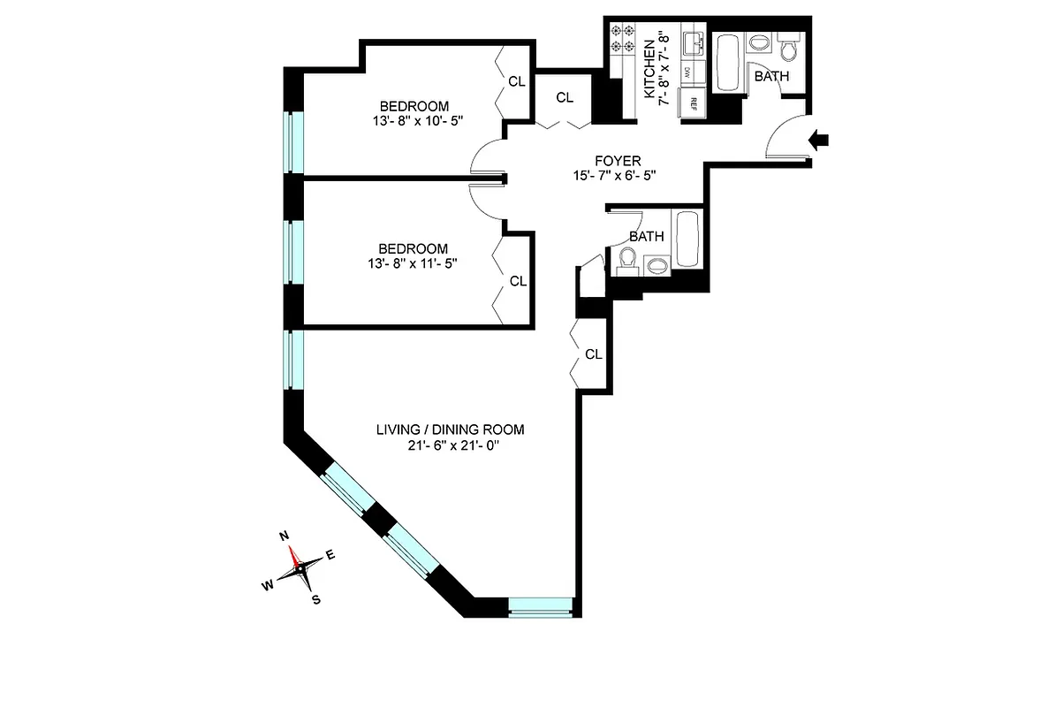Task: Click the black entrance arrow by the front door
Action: pos(820,139)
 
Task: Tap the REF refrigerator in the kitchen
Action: pos(694,102)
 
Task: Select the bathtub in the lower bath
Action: pos(687,239)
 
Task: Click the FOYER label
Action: pos(618,161)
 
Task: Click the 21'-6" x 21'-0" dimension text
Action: pos(451,445)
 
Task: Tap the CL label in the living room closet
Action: pos(594,354)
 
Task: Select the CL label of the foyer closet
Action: pos(565,97)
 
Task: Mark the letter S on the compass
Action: pos(315,599)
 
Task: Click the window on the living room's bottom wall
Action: pos(540,606)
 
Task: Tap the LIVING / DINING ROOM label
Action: pos(451,430)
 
